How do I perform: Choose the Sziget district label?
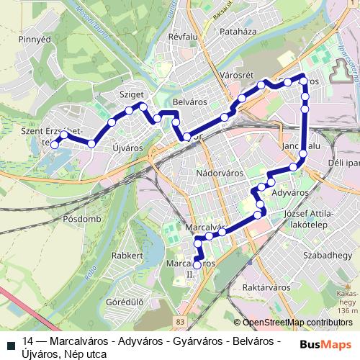pos(133,94)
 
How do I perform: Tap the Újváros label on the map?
pos(128,148)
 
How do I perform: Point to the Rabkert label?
pos(127,255)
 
